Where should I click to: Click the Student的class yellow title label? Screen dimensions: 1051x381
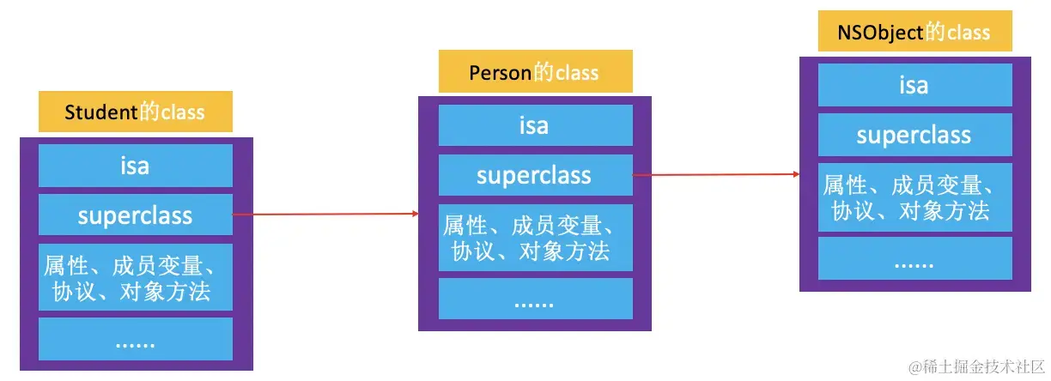coord(136,112)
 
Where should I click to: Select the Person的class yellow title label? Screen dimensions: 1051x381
coord(535,72)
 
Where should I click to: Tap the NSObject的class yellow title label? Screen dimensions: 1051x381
coord(914,33)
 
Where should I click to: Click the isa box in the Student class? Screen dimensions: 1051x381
coord(136,166)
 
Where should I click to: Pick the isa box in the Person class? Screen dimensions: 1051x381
coord(535,126)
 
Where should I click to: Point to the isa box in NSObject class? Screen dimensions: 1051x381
coord(914,86)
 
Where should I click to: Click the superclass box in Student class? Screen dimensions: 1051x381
coord(136,215)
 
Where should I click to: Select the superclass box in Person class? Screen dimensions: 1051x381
coord(535,176)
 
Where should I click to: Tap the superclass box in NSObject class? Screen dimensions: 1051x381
coord(914,135)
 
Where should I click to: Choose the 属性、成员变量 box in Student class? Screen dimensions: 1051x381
coord(136,277)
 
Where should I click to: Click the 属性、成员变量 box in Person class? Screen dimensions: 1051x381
coord(535,238)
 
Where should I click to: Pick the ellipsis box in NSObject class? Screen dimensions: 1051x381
coord(914,258)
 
